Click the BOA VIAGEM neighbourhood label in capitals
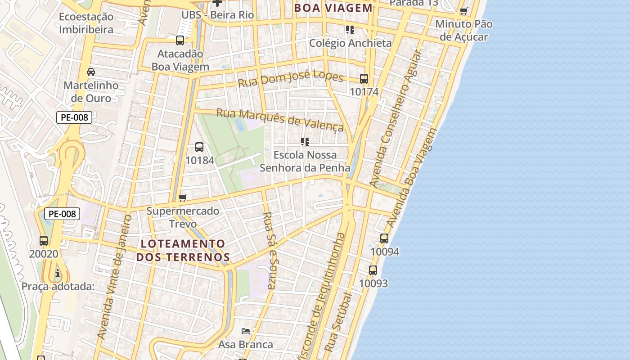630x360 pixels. pyautogui.click(x=333, y=8)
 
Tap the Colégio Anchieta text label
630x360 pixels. pyautogui.click(x=350, y=43)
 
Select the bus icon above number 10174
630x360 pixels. pyautogui.click(x=364, y=79)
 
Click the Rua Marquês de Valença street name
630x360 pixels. pyautogui.click(x=280, y=119)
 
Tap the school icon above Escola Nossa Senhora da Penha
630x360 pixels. pyautogui.click(x=305, y=142)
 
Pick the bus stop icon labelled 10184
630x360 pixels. pyautogui.click(x=199, y=147)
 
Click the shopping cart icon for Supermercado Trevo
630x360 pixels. pyautogui.click(x=183, y=198)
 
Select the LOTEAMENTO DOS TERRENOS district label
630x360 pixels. pyautogui.click(x=183, y=251)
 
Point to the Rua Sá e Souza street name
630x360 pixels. pyautogui.click(x=270, y=250)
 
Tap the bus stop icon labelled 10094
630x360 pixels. pyautogui.click(x=384, y=238)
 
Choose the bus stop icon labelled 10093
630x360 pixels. pyautogui.click(x=373, y=270)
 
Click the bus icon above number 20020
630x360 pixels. pyautogui.click(x=44, y=241)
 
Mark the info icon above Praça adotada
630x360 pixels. pyautogui.click(x=58, y=273)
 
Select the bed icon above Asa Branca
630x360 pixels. pyautogui.click(x=246, y=331)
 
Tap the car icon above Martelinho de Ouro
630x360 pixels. pyautogui.click(x=91, y=72)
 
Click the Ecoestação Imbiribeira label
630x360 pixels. pyautogui.click(x=86, y=23)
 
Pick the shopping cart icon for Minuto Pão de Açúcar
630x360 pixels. pyautogui.click(x=464, y=11)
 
